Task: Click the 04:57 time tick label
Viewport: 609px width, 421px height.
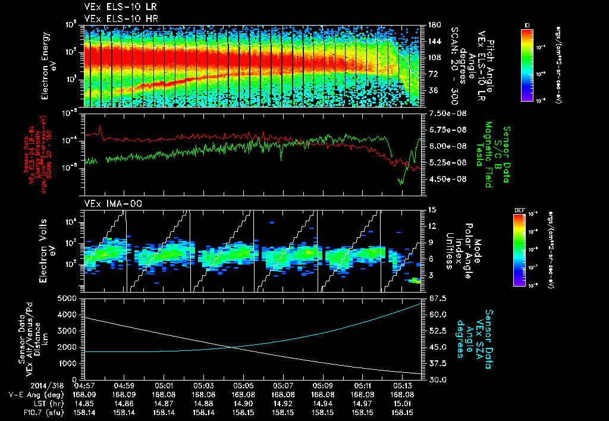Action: [84, 385]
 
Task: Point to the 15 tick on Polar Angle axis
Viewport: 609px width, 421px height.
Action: [432, 209]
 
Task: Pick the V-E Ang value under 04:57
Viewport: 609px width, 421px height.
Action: [84, 394]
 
